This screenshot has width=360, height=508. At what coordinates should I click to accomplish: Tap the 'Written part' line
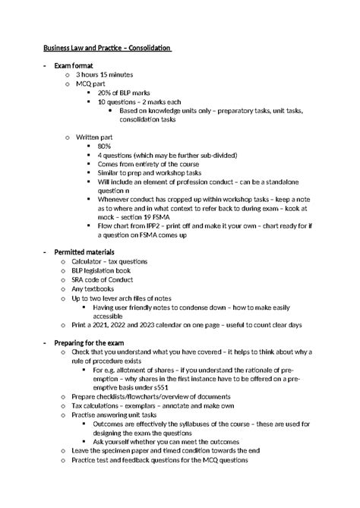tap(94, 136)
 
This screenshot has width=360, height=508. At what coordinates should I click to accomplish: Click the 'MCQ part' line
tap(90, 84)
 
